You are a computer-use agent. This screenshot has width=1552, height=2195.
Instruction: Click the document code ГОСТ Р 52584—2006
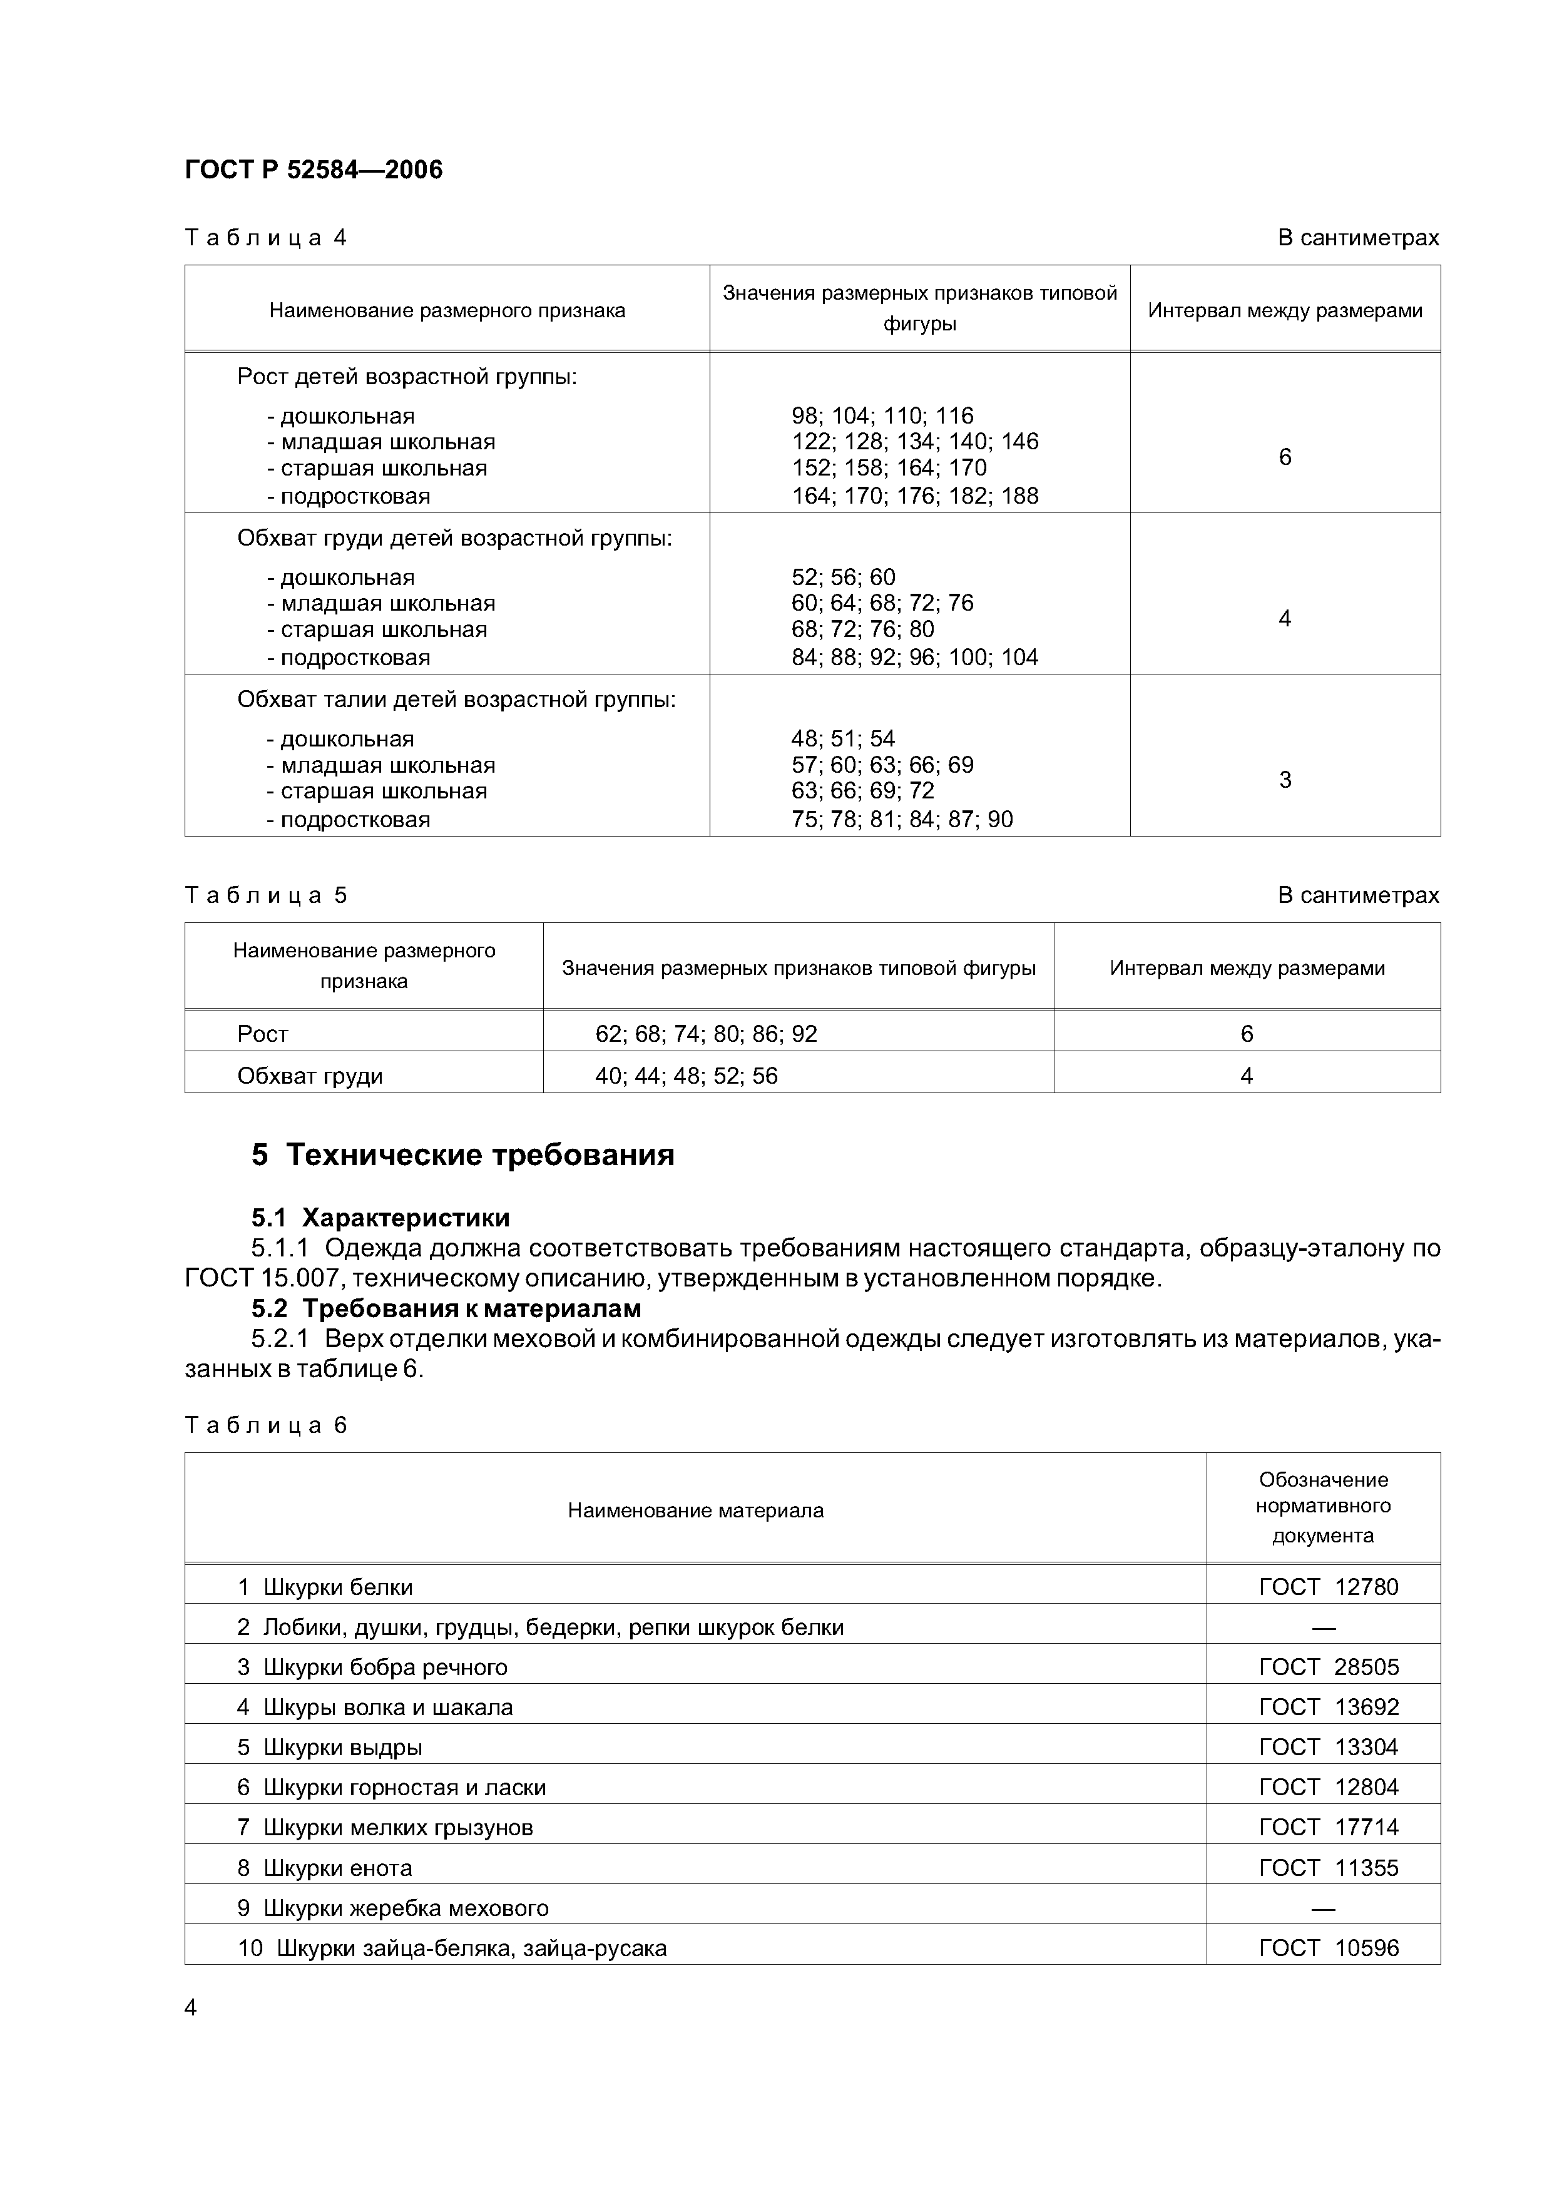coord(313,170)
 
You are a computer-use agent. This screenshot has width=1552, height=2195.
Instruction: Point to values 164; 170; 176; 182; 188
coord(914,496)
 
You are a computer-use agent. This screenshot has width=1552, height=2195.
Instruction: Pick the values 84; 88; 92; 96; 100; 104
coord(914,658)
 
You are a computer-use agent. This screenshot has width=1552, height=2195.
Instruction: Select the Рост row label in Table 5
coord(263,1034)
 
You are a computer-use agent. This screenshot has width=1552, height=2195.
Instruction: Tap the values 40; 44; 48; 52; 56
coord(686,1076)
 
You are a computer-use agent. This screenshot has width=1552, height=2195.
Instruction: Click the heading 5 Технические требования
coord(463,1155)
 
